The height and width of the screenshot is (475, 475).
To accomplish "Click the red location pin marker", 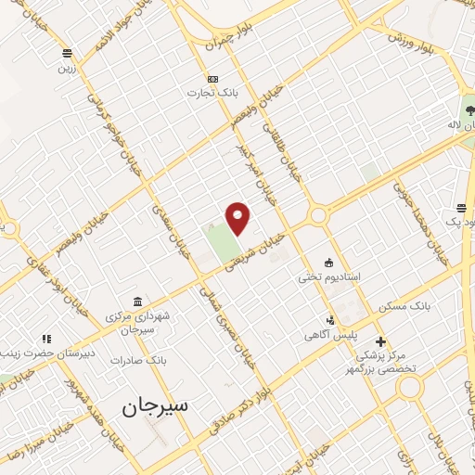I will [238, 217].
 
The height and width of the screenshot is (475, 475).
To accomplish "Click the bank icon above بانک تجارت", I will [213, 79].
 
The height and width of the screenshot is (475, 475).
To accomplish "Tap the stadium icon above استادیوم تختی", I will [327, 262].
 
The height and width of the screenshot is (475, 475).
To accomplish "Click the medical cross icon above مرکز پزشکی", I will [379, 341].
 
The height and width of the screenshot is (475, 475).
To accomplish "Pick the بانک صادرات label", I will [135, 359].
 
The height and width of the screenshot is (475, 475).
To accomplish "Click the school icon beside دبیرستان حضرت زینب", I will [44, 339].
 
